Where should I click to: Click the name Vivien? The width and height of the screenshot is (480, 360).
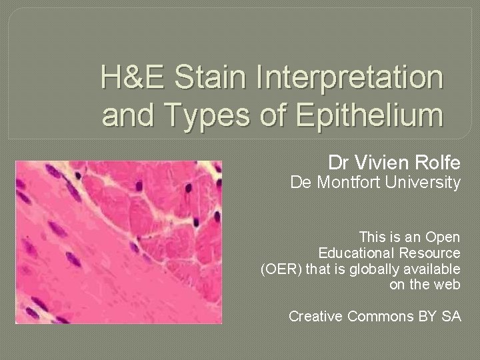(385, 162)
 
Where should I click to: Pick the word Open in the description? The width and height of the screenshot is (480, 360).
(443, 237)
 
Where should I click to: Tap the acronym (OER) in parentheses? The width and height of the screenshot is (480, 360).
(279, 269)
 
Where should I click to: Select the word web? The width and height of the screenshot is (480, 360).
(447, 285)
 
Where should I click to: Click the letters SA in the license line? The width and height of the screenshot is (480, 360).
(451, 317)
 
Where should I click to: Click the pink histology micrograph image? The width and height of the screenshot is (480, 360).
(119, 243)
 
